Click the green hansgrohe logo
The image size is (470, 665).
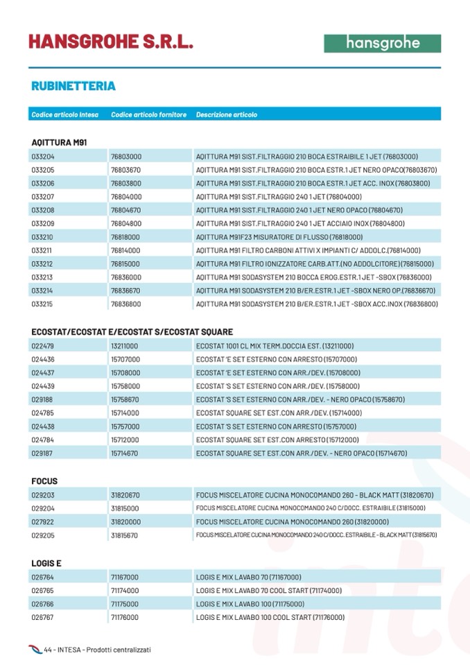(x=382, y=43)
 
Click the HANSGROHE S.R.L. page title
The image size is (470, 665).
(x=111, y=42)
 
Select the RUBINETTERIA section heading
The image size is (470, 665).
(x=73, y=86)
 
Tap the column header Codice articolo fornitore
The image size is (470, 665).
(x=148, y=114)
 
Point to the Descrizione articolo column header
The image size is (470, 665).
(x=226, y=114)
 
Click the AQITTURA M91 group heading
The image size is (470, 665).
(x=59, y=142)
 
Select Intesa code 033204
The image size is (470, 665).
(x=43, y=156)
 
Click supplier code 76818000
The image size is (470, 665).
(x=125, y=236)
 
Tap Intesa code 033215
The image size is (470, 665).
(x=43, y=304)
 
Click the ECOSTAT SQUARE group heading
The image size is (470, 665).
(x=132, y=331)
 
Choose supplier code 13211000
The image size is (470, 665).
(x=125, y=345)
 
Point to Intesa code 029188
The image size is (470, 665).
(x=43, y=399)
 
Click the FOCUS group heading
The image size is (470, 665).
(x=44, y=481)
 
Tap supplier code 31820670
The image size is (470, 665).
(x=125, y=495)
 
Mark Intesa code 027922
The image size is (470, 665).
(x=43, y=521)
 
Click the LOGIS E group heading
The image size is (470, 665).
(x=46, y=563)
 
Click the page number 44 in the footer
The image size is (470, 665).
(x=48, y=650)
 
